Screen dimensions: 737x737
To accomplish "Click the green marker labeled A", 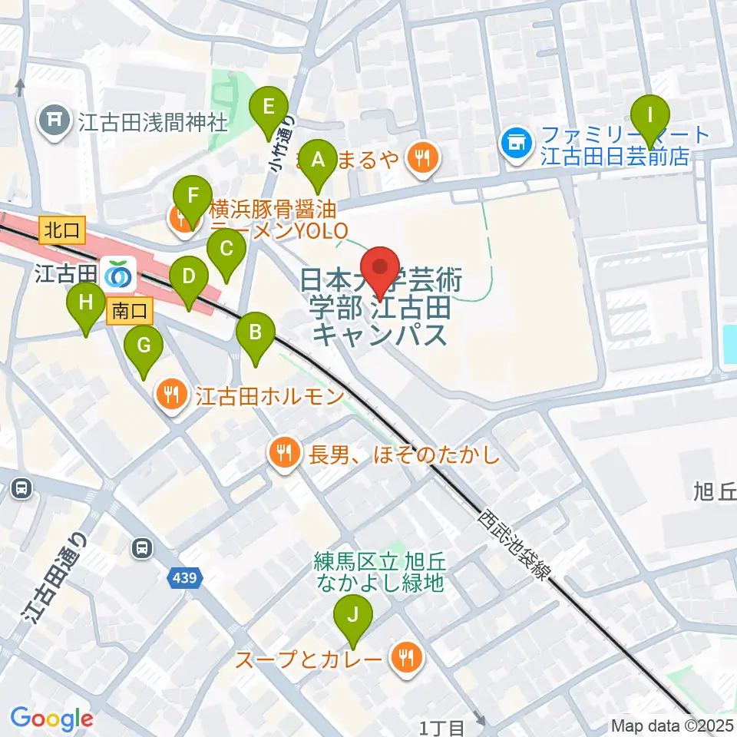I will coord(318,160).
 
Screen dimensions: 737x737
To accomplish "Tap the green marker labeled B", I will coord(256,334).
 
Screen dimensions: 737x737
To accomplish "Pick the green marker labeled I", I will coord(650,116).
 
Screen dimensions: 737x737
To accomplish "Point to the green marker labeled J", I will coord(353,615).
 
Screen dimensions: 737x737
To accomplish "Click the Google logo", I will coord(51,719).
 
